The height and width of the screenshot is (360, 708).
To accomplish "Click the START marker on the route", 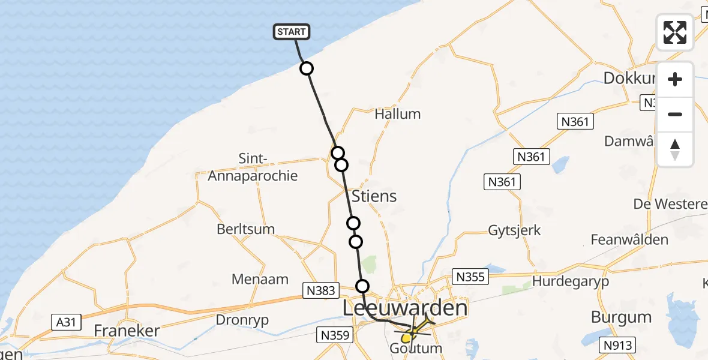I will (x=292, y=32).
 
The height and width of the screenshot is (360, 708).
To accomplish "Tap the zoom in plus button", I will (x=675, y=79).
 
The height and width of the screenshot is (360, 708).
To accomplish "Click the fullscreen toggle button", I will (x=675, y=32).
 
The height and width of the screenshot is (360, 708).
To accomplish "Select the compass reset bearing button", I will (x=675, y=149).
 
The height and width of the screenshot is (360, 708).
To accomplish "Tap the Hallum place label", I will (x=397, y=114).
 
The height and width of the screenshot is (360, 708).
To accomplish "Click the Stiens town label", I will (x=374, y=196).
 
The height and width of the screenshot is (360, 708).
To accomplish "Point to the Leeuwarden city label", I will (x=405, y=308).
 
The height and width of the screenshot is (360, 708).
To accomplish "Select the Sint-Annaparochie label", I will (x=252, y=167).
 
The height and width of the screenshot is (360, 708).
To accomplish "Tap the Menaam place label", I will (x=260, y=279).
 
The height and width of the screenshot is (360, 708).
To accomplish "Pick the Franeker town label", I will (x=127, y=331).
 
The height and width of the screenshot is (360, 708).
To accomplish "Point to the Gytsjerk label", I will (x=514, y=230).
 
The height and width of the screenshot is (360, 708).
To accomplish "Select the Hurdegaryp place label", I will (x=571, y=281).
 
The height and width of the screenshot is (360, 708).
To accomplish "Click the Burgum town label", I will (x=620, y=316).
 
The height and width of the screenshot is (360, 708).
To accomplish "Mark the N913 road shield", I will (x=617, y=346).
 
